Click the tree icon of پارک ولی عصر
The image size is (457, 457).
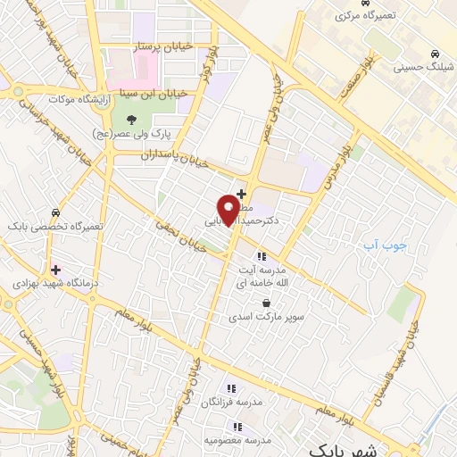131,119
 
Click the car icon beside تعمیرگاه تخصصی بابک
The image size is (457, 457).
56,213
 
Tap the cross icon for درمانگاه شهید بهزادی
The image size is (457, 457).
55,269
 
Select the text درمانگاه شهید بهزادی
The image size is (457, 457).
47,282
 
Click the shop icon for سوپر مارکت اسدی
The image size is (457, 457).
266,303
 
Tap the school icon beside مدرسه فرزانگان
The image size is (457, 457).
230,388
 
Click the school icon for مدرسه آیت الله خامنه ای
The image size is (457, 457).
261,256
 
